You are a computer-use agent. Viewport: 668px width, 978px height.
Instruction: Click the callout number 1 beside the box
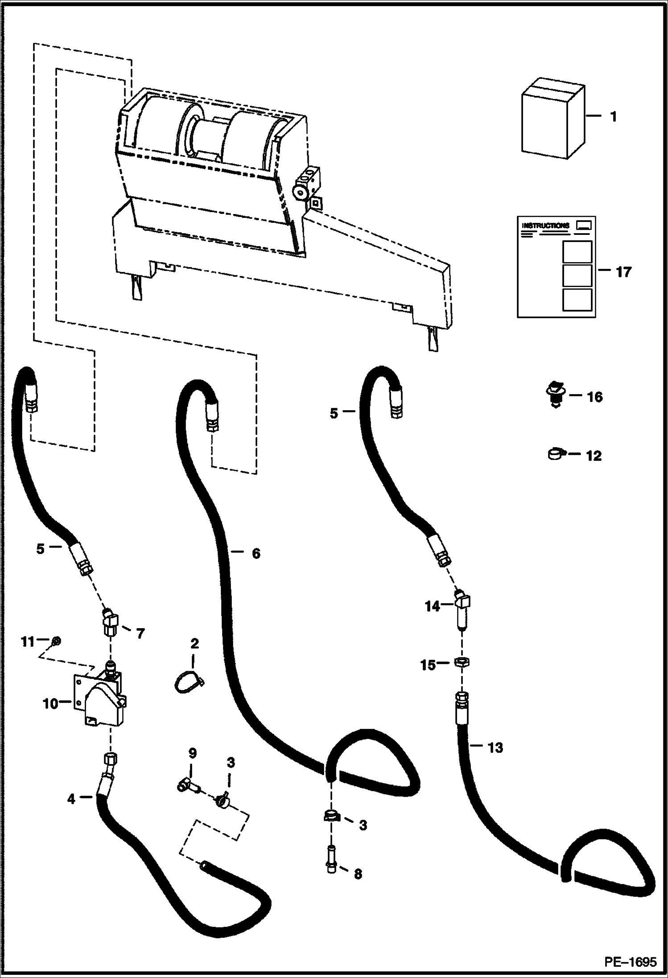(613, 117)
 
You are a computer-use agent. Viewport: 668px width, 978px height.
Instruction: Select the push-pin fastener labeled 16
(555, 394)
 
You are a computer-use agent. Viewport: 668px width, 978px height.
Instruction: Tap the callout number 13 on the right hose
(495, 747)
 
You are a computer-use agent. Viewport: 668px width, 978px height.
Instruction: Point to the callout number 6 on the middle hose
(256, 554)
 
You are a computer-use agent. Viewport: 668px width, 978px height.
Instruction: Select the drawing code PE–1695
(630, 962)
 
